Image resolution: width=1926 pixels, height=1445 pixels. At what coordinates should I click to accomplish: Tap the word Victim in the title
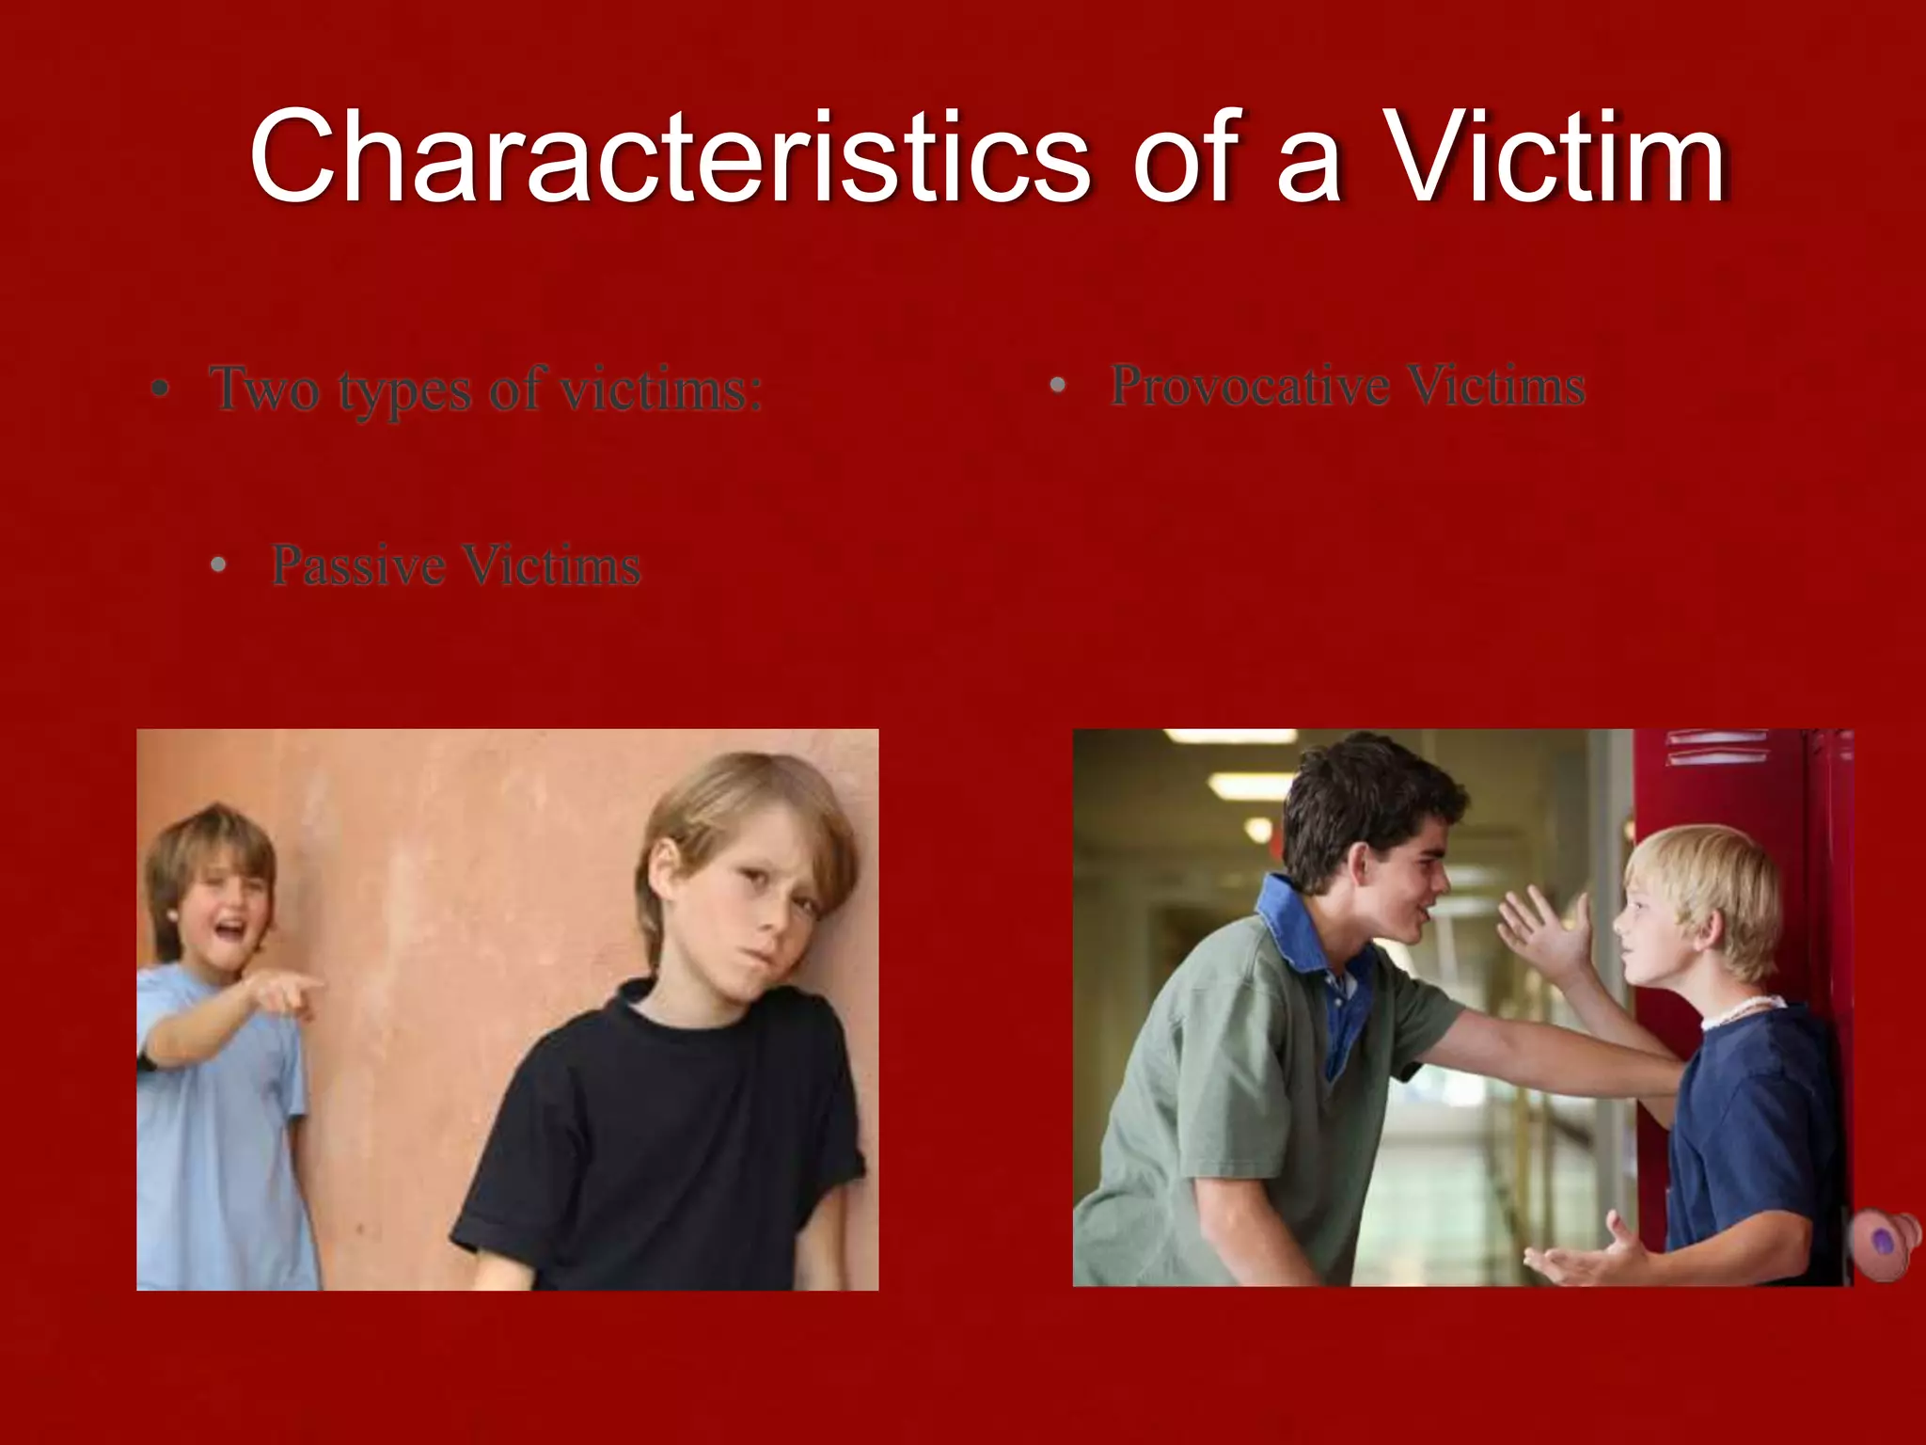tap(1556, 156)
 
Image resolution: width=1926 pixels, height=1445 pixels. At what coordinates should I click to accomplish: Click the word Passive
tap(358, 565)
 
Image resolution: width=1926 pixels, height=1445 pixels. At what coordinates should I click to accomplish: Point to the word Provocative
tap(1250, 385)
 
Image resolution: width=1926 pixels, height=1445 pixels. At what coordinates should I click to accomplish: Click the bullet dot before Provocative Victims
tap(1058, 385)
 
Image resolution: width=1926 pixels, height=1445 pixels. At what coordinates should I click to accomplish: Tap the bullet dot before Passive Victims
tap(219, 565)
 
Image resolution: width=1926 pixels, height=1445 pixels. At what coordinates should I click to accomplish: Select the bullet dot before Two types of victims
tap(161, 389)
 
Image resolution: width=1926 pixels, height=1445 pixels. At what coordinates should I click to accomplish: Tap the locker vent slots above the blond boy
tap(1716, 748)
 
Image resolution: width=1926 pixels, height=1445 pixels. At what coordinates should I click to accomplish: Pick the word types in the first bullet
tap(404, 389)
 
